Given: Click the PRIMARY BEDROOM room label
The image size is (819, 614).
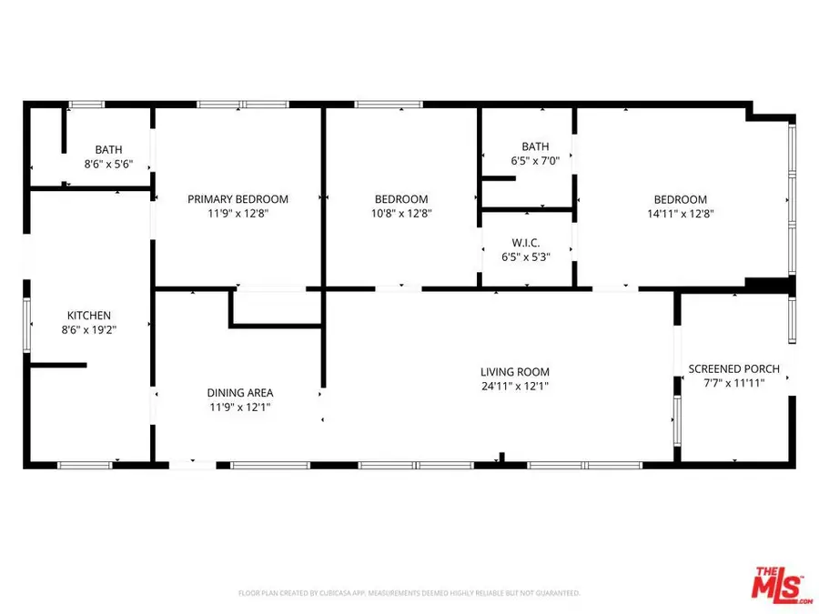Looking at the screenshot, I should (238, 199).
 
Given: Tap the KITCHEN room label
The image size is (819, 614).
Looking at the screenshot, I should (88, 315).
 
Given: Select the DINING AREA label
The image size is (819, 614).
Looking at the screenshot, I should (239, 393).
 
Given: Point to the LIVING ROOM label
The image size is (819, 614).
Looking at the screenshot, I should (515, 372).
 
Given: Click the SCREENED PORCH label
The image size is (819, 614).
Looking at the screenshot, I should (733, 368).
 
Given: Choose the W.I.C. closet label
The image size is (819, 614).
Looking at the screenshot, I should (526, 242).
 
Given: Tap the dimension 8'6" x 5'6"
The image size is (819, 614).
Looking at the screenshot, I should (108, 165).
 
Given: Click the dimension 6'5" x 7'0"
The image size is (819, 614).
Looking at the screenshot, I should (535, 161).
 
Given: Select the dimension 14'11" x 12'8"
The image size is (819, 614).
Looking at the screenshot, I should (680, 214).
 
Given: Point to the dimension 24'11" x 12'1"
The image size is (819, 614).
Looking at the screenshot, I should (515, 386).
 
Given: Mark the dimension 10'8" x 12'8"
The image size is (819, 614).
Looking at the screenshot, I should (401, 214).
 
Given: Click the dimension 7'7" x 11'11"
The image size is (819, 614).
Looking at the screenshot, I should (733, 383).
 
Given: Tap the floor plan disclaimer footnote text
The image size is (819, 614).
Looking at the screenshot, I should (409, 593).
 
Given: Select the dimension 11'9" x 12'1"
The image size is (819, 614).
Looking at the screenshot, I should (239, 408).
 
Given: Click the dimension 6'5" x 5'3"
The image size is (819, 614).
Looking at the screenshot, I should (526, 257).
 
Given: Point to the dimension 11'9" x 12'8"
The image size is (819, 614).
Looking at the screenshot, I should (238, 214).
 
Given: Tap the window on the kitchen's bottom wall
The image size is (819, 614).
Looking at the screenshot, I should (86, 465).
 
